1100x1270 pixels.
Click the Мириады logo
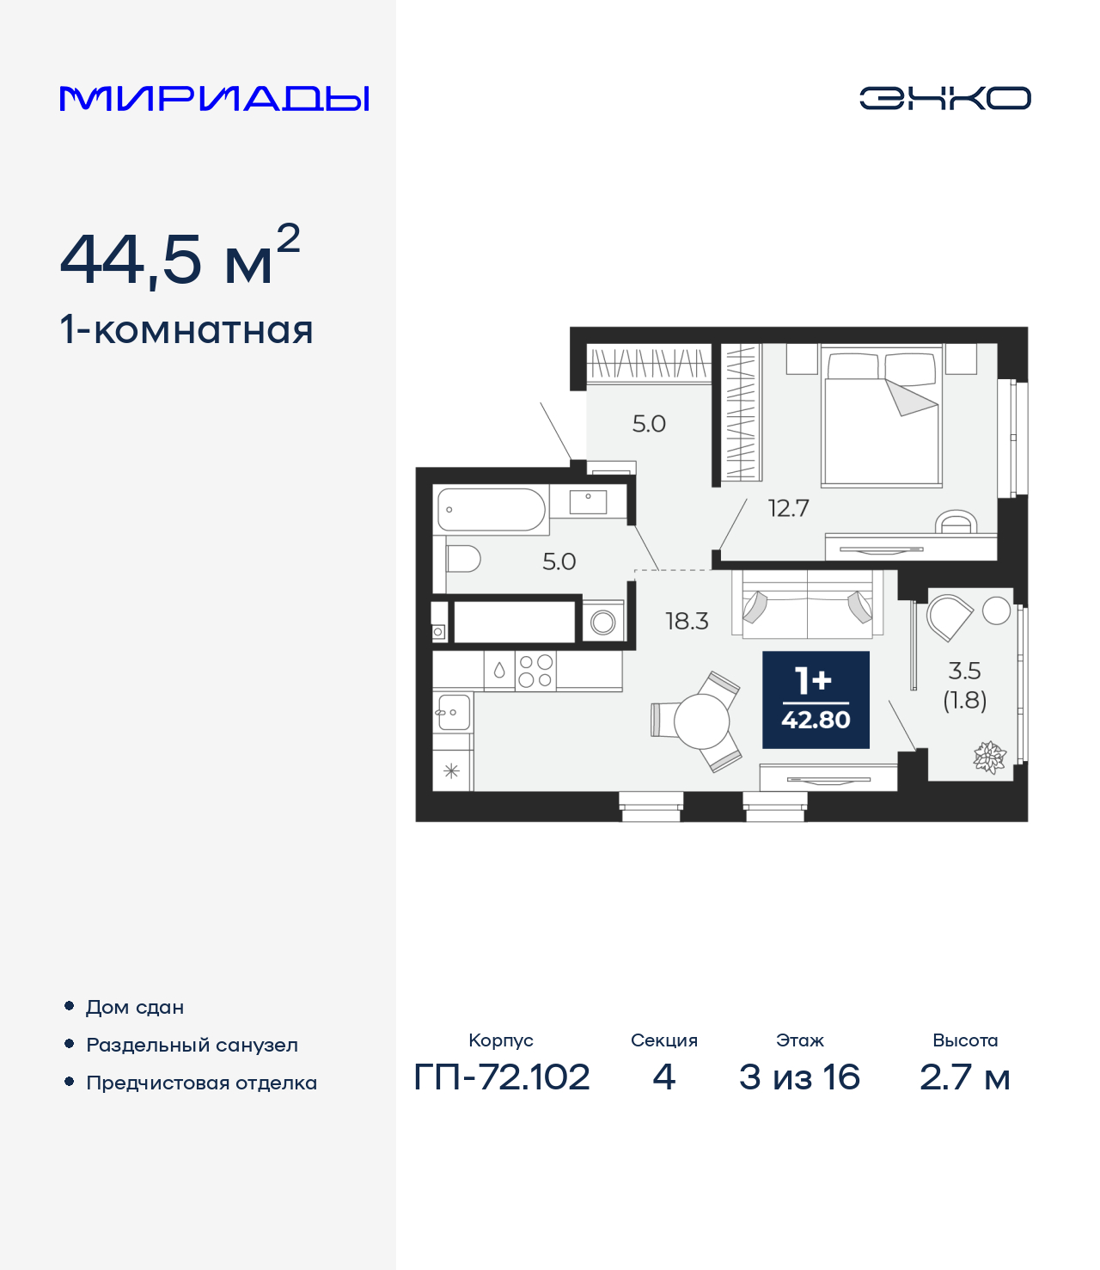[214, 99]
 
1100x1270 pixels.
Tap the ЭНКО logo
[944, 98]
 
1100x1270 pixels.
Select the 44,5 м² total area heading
[180, 258]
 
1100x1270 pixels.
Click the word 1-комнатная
[186, 330]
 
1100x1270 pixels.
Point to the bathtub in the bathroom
[491, 510]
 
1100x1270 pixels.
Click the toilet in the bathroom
[462, 559]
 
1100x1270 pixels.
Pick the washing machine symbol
[603, 622]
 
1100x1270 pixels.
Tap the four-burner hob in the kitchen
[535, 671]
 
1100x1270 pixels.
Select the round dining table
[701, 721]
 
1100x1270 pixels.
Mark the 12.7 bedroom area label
[788, 508]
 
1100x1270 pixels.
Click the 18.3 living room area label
[687, 621]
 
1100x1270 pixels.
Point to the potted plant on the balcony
[989, 758]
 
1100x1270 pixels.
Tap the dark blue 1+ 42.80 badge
[816, 699]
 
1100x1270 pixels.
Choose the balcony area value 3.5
[964, 671]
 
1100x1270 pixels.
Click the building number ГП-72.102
[502, 1077]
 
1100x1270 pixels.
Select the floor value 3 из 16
[799, 1077]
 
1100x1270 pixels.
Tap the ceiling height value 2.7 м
[964, 1077]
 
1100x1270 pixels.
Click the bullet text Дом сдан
[135, 1007]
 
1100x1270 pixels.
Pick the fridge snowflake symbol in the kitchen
[451, 771]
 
